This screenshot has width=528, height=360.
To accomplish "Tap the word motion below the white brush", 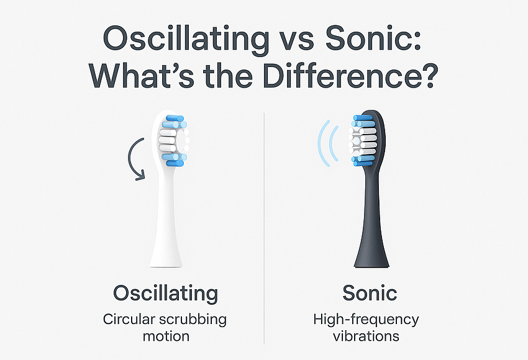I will [x=165, y=337].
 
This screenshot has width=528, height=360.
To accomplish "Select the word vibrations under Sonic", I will [x=366, y=337].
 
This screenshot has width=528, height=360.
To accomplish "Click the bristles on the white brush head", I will [x=173, y=139].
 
